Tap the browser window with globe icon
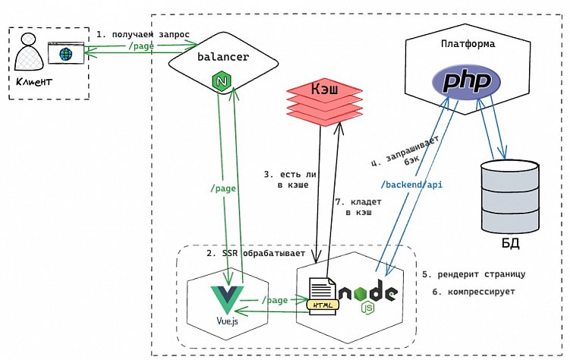point(65,54)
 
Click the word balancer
point(223,57)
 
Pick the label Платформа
point(468,44)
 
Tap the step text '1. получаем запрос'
point(142,34)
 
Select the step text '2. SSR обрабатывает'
point(254,252)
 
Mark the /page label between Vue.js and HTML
point(274,300)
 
